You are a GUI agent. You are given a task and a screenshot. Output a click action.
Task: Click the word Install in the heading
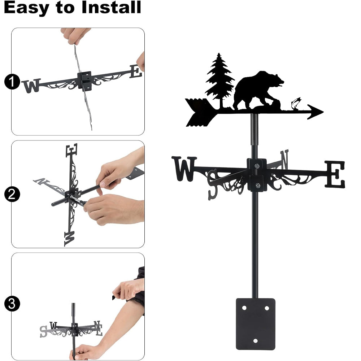(111, 7)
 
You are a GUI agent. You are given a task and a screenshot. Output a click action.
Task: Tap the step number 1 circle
(12, 82)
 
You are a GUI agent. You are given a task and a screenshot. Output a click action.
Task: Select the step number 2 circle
(12, 194)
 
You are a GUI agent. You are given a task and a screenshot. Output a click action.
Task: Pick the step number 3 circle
(12, 304)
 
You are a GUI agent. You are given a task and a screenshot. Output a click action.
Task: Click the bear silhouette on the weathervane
(258, 91)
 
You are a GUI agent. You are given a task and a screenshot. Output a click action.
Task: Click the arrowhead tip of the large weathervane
(323, 112)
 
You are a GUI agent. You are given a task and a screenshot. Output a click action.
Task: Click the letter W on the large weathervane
(184, 169)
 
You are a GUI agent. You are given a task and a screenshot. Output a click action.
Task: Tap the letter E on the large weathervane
(335, 174)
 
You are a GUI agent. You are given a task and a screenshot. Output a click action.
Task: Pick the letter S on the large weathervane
(213, 184)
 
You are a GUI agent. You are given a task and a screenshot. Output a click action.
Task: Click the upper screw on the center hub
(257, 166)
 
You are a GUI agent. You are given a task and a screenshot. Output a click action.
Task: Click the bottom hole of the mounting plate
(255, 340)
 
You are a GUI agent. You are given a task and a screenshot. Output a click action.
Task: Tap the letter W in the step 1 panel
(32, 86)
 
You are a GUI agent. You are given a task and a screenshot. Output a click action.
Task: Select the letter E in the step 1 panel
(135, 71)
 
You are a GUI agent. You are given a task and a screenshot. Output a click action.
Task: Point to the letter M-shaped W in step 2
(70, 239)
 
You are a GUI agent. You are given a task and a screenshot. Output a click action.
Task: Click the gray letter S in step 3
(43, 331)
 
